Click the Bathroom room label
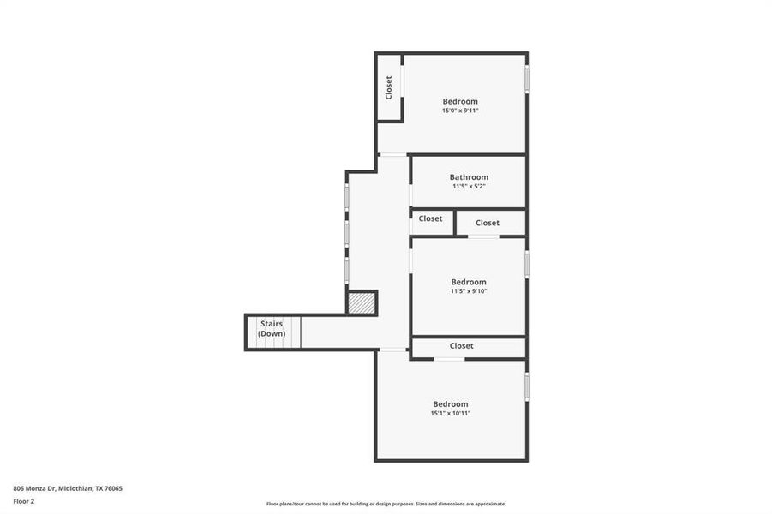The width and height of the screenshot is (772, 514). [x=469, y=177]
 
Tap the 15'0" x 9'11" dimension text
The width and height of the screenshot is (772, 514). [x=460, y=111]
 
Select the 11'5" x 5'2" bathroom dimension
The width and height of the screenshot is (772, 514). [x=469, y=187]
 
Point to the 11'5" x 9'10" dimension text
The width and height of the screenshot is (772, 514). [x=469, y=291]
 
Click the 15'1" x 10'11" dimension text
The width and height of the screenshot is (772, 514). [x=451, y=414]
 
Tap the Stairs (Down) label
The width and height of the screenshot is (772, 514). [x=272, y=329]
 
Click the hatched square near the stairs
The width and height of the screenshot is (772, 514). [x=362, y=303]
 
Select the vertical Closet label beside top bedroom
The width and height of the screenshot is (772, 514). [x=389, y=87]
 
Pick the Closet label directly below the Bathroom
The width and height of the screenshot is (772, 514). [x=431, y=218]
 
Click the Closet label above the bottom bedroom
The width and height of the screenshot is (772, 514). [x=461, y=346]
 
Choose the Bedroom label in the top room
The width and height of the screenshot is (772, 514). [x=460, y=101]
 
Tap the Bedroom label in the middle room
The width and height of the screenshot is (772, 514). [x=469, y=282]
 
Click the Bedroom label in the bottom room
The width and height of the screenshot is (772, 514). [x=451, y=404]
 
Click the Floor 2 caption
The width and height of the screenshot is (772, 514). [x=25, y=501]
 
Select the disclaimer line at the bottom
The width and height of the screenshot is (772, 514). [x=386, y=504]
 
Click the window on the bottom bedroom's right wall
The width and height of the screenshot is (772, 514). [x=527, y=385]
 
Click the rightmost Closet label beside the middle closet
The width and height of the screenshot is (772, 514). [x=488, y=223]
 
